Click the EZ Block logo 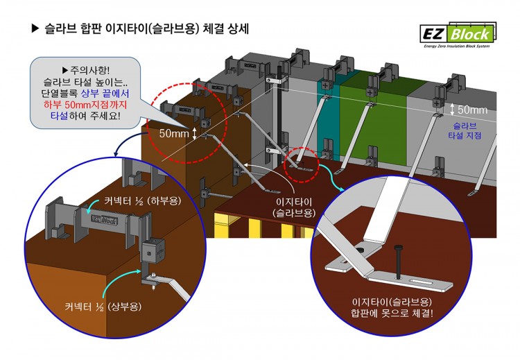pyautogui.click(x=457, y=33)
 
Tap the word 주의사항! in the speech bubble pyautogui.click(x=89, y=70)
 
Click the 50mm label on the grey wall pyautogui.click(x=472, y=110)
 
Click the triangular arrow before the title pyautogui.click(x=37, y=29)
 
